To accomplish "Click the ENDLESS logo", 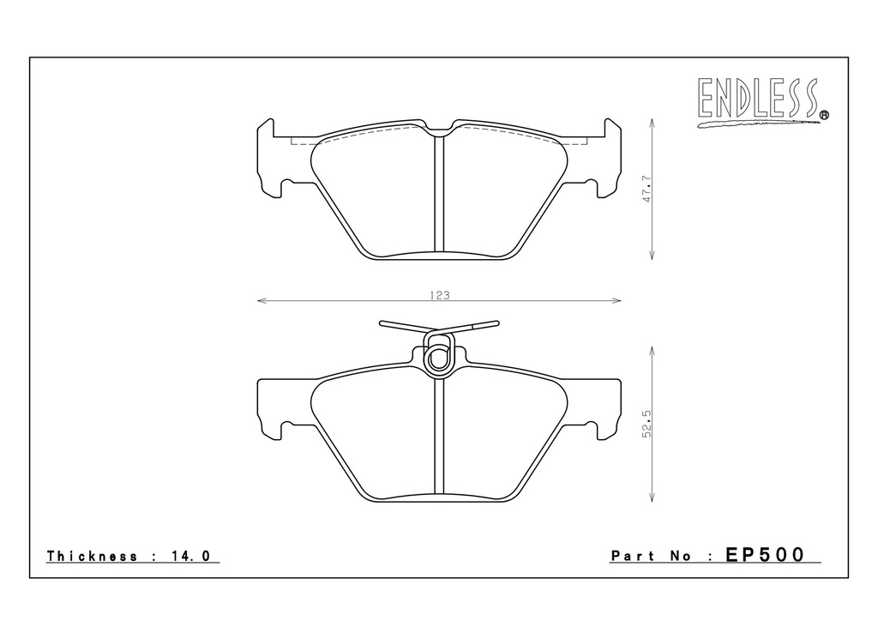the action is pos(762,101).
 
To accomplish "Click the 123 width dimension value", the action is pos(440,295).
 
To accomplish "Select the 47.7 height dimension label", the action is pos(646,189).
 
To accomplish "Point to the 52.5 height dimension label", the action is pos(646,424).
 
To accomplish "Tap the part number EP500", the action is pos(765,554).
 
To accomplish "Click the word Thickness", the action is pos(92,556).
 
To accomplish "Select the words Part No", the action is pos(651,556).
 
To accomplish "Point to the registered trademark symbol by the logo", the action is pos(824,115).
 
